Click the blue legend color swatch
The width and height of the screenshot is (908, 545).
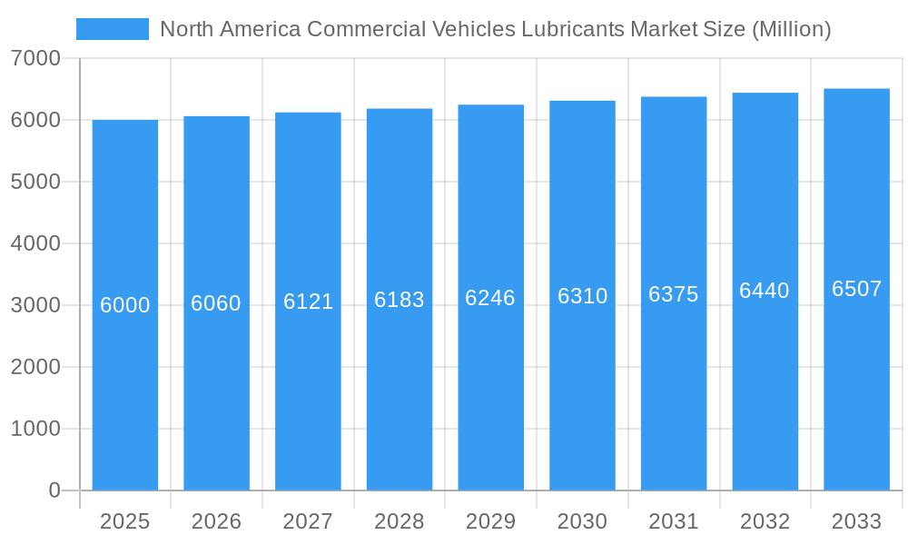(x=112, y=29)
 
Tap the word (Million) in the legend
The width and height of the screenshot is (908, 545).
(x=792, y=29)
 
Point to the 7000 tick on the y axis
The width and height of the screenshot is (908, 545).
(x=35, y=58)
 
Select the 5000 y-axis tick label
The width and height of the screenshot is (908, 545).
(x=35, y=182)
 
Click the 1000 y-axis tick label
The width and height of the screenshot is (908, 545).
(x=35, y=429)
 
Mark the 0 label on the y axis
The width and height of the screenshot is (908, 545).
(x=54, y=490)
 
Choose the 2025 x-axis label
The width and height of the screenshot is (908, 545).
(x=124, y=521)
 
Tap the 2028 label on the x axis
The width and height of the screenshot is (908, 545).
(x=400, y=521)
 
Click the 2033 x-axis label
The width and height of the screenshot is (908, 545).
(x=856, y=521)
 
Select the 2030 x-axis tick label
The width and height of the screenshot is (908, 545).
(x=582, y=521)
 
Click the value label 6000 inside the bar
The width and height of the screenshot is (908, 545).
(x=124, y=305)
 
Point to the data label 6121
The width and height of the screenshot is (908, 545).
(x=308, y=302)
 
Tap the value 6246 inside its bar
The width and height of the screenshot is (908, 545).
(x=490, y=298)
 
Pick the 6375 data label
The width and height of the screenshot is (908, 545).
(x=674, y=294)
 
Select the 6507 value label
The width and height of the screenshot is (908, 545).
(x=856, y=289)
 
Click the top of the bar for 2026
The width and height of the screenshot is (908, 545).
(x=216, y=117)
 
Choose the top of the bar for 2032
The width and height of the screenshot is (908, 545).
(x=765, y=94)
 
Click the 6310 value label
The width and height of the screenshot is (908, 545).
(x=582, y=296)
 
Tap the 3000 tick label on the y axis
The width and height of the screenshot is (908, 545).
(x=35, y=305)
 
